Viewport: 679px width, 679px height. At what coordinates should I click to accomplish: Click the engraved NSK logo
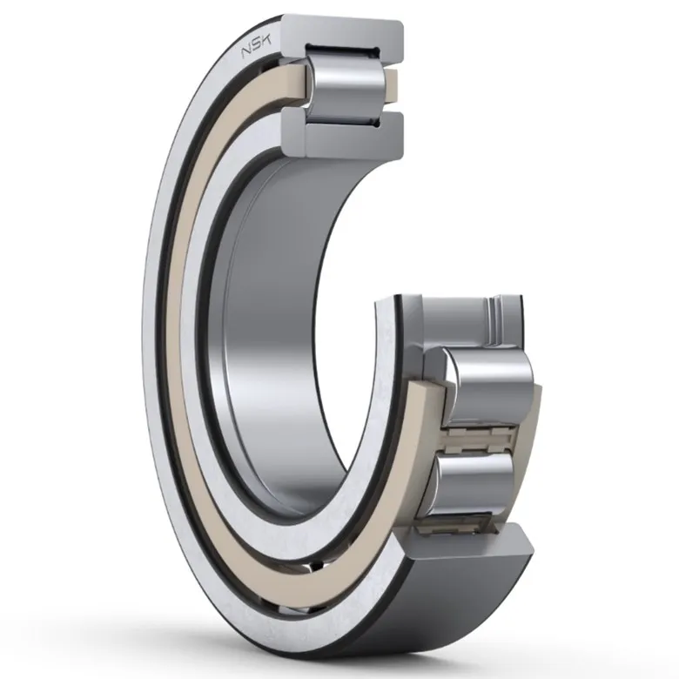point(256,46)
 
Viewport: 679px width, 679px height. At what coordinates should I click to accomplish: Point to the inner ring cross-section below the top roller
point(342,134)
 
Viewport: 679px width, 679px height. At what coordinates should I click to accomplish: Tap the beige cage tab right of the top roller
point(391,85)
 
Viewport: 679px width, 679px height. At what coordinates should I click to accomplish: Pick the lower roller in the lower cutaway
point(474,481)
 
